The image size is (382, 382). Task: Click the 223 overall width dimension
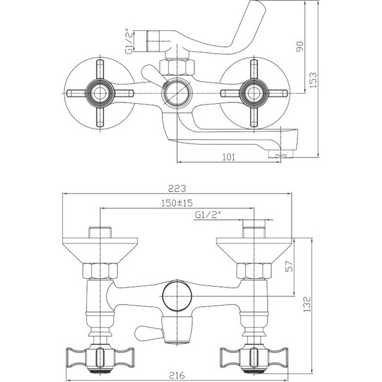[x=177, y=188]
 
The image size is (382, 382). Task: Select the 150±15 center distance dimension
[x=177, y=203]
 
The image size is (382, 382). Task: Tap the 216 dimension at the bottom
[x=177, y=375]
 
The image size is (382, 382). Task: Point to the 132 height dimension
[x=307, y=304]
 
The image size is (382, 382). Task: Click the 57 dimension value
[x=289, y=266]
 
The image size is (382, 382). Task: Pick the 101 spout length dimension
[x=229, y=157]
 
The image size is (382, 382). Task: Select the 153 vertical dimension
[x=314, y=80]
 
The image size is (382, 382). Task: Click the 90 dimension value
[x=300, y=46]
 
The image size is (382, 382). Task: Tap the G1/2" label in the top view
[x=130, y=42]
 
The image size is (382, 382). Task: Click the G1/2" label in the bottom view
[x=208, y=215]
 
